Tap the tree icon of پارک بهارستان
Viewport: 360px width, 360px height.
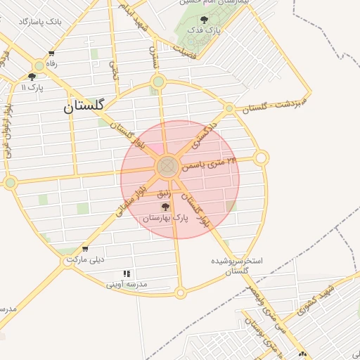click(165, 207)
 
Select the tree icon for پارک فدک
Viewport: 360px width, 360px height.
click(204, 20)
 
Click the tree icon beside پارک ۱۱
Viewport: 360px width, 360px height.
click(32, 77)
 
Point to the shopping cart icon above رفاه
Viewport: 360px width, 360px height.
click(51, 53)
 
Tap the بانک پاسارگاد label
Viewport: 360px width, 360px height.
click(40, 22)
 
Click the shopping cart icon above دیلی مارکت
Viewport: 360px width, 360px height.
click(85, 248)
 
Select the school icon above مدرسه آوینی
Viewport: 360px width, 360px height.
click(127, 274)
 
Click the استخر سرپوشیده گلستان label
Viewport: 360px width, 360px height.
click(238, 265)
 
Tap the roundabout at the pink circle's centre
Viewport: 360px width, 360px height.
click(167, 167)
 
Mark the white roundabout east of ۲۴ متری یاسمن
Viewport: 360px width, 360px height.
click(261, 158)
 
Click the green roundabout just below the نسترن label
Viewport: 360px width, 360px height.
click(158, 82)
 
